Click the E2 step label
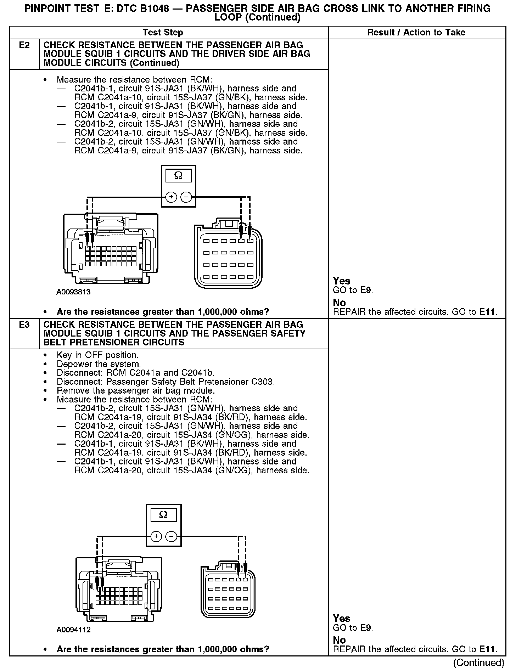point(24,45)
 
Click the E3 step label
point(24,325)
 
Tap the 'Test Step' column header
point(163,33)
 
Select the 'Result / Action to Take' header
point(416,33)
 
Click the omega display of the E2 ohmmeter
point(178,176)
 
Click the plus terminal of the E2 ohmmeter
point(171,197)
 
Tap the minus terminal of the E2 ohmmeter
point(186,197)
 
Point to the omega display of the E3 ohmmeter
point(163,515)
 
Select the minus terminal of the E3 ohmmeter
point(171,536)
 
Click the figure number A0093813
point(73,292)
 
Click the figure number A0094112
point(73,630)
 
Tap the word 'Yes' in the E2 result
point(342,281)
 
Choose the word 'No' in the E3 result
point(339,640)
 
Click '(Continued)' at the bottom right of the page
point(478,663)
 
